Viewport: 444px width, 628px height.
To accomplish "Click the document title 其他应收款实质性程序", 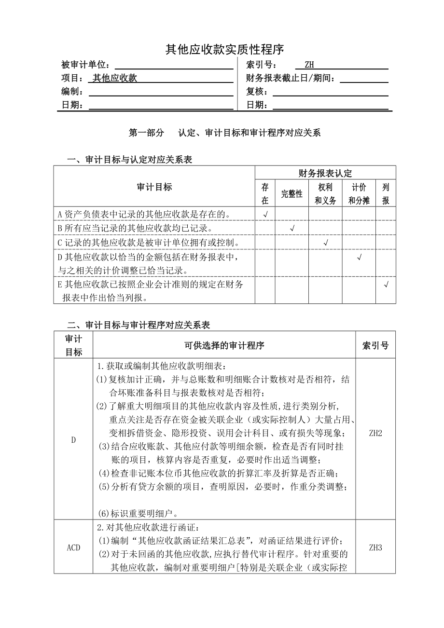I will [x=224, y=49].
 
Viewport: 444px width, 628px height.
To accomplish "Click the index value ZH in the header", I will [x=309, y=65].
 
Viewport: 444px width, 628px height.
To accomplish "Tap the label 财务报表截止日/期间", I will [x=291, y=78].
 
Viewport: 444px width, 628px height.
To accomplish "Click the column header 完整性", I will [x=291, y=194].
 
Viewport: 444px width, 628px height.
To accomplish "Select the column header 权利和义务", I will [x=325, y=194].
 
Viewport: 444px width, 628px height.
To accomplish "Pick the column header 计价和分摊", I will [x=359, y=194].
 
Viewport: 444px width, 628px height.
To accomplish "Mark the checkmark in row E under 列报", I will [x=386, y=285].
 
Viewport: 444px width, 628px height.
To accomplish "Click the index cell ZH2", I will [x=375, y=433].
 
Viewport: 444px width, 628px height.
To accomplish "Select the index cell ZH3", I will [x=375, y=547].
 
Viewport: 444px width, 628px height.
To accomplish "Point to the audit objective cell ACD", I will [x=73, y=547].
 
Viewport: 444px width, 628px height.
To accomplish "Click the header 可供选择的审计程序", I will [x=224, y=345].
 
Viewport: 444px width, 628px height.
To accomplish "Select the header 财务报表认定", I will [x=325, y=173].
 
